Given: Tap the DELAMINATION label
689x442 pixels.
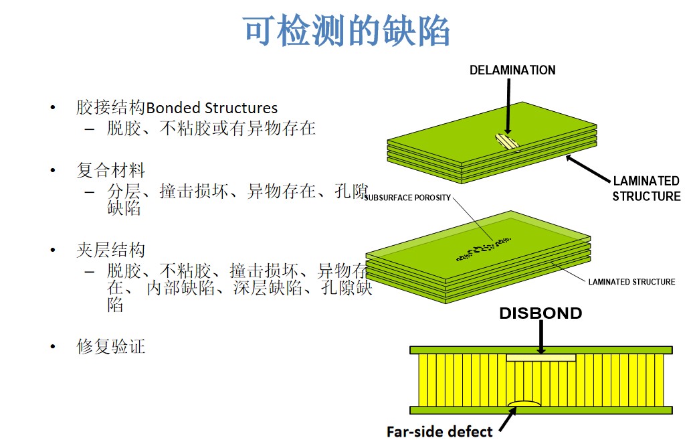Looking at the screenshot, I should pyautogui.click(x=512, y=70).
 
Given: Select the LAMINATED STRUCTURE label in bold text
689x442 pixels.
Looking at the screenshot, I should pyautogui.click(x=647, y=188).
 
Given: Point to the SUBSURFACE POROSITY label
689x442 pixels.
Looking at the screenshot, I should pyautogui.click(x=407, y=198).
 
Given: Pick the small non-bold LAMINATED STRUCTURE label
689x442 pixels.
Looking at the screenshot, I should pyautogui.click(x=631, y=282).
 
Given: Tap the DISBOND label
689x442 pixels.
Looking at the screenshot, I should pyautogui.click(x=540, y=313).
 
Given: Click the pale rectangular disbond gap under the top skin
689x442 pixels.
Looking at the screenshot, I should pyautogui.click(x=540, y=358).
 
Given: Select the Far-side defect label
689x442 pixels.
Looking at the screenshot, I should pyautogui.click(x=439, y=431).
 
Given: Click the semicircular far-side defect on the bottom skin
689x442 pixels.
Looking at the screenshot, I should pyautogui.click(x=524, y=403).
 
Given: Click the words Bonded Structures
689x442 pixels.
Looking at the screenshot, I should pyautogui.click(x=211, y=108).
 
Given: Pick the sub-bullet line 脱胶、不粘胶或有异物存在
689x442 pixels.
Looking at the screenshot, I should pyautogui.click(x=211, y=129).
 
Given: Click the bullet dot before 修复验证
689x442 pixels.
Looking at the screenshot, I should pyautogui.click(x=52, y=347).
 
